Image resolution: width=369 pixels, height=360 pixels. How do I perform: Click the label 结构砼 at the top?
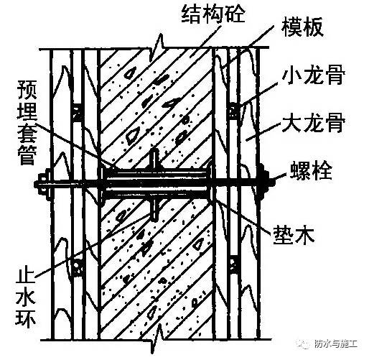[212, 14]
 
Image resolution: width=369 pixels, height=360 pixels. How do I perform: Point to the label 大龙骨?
[314, 124]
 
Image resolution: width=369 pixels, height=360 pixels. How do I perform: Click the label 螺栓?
[311, 170]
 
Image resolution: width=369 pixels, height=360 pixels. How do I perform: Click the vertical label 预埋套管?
[27, 122]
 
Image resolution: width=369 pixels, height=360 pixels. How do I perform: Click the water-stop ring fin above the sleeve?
[155, 159]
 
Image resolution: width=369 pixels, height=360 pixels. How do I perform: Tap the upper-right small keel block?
[233, 111]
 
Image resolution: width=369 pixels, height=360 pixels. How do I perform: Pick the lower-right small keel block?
[233, 264]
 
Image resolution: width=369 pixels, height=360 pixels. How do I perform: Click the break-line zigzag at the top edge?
[157, 48]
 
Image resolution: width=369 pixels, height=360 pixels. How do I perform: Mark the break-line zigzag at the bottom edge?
[157, 339]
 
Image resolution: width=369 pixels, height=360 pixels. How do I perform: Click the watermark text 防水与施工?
[335, 344]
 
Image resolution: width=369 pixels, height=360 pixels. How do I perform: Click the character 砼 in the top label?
[235, 14]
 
